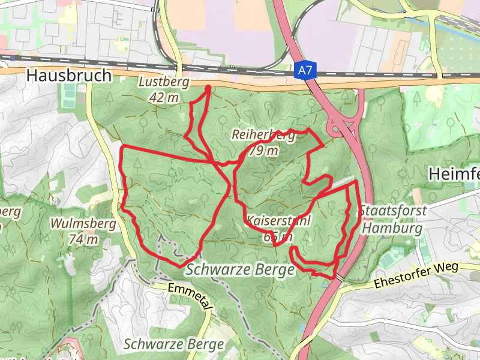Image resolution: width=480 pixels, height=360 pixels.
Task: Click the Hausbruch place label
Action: [69, 76]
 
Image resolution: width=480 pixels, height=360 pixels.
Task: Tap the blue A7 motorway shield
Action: [305, 71]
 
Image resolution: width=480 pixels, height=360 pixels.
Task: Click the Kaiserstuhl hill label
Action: [278, 220]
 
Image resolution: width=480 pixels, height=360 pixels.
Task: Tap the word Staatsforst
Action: [393, 211]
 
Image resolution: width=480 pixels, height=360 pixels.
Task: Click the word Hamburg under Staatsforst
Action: [393, 229]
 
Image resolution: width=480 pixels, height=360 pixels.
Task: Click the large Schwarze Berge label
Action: [240, 270]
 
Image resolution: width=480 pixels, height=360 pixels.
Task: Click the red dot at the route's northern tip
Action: [208, 89]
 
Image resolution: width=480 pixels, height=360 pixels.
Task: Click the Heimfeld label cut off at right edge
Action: [454, 174]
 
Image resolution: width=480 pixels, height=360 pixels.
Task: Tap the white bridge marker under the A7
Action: [340, 277]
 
